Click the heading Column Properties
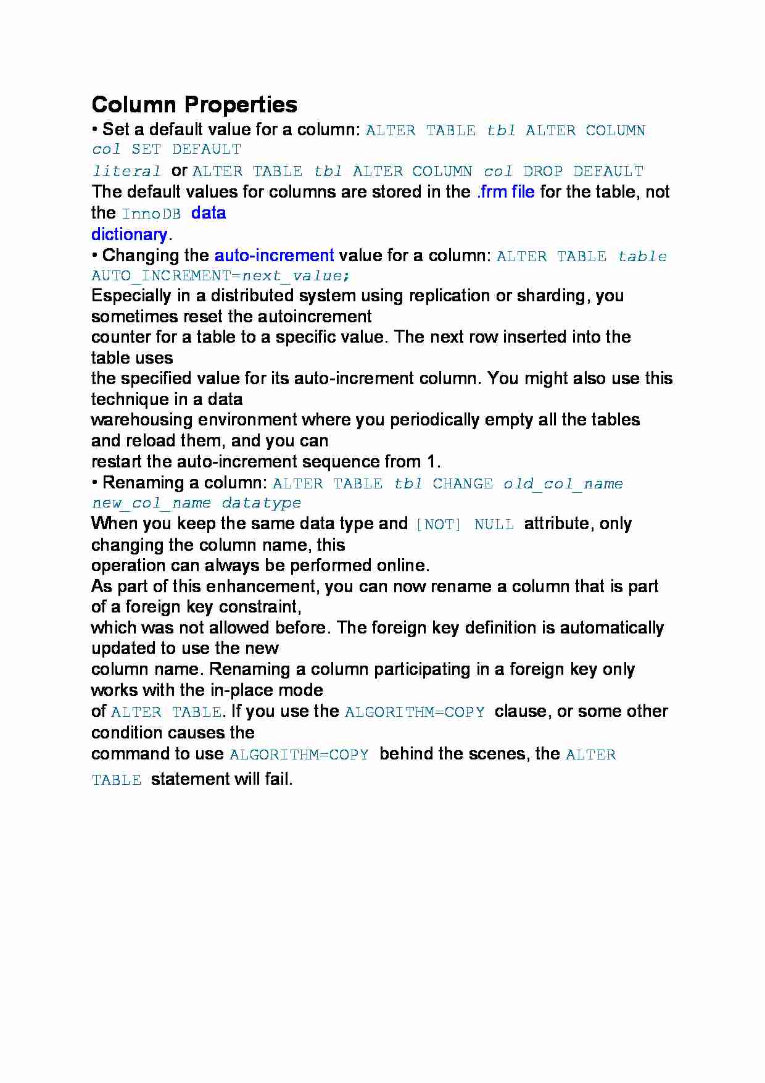pyautogui.click(x=194, y=104)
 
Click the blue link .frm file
pyautogui.click(x=506, y=192)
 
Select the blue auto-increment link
pyautogui.click(x=274, y=256)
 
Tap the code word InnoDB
pyautogui.click(x=152, y=214)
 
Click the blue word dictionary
pyautogui.click(x=129, y=235)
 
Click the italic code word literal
pyautogui.click(x=126, y=172)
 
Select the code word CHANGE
pyautogui.click(x=463, y=484)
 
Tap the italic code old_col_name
pyautogui.click(x=563, y=484)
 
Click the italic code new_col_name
pyautogui.click(x=151, y=504)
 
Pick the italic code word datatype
pyautogui.click(x=262, y=504)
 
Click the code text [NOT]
pyautogui.click(x=439, y=525)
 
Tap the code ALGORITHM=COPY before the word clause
pyautogui.click(x=415, y=713)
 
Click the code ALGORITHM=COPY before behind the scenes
pyautogui.click(x=299, y=755)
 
